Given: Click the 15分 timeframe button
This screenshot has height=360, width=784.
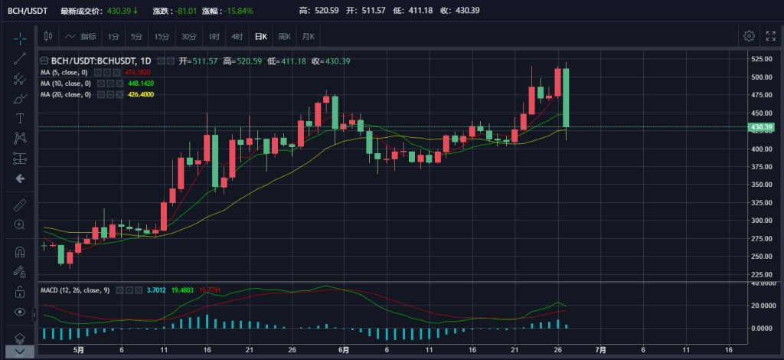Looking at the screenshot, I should tap(162, 36).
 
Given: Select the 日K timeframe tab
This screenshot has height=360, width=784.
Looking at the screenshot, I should tap(262, 36).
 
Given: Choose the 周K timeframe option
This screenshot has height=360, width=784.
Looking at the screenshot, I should tap(285, 36).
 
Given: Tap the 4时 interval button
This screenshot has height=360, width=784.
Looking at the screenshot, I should tap(237, 36).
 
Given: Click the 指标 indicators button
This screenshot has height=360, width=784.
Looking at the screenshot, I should tap(83, 36).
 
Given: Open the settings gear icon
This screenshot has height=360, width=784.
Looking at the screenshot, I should tap(750, 36).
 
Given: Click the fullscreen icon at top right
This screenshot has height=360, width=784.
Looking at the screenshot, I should tap(769, 36).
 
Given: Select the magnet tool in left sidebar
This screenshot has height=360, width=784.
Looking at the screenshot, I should tap(20, 251).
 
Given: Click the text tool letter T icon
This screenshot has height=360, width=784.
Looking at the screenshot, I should tap(20, 118).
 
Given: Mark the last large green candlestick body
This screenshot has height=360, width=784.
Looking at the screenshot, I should tap(565, 97).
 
